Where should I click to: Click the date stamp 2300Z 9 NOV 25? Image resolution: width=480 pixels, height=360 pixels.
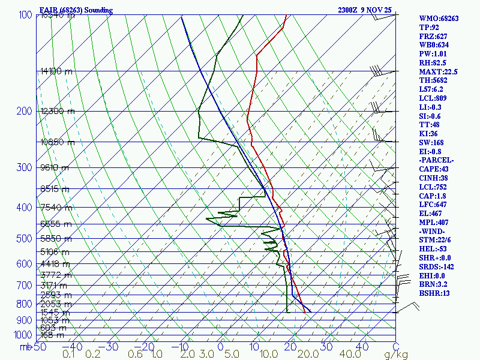364,10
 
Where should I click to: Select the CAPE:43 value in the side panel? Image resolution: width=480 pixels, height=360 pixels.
434,169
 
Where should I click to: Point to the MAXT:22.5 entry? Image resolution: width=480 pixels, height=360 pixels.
438,72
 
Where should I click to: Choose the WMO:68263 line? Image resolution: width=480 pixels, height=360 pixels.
439,19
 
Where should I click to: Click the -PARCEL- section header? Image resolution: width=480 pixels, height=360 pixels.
436,160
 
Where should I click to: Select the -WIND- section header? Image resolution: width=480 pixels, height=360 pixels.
433,231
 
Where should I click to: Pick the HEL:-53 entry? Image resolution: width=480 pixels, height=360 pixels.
433,249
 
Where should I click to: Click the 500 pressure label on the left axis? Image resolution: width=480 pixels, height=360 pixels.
24,239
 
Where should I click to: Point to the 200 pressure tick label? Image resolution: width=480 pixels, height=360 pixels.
24,111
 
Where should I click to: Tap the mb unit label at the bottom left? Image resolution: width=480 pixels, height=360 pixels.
25,347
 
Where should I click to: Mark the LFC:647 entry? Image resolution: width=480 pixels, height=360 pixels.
433,205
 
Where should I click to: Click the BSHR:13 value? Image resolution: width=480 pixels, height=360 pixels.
434,293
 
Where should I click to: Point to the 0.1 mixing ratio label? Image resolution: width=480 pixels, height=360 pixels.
68,355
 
